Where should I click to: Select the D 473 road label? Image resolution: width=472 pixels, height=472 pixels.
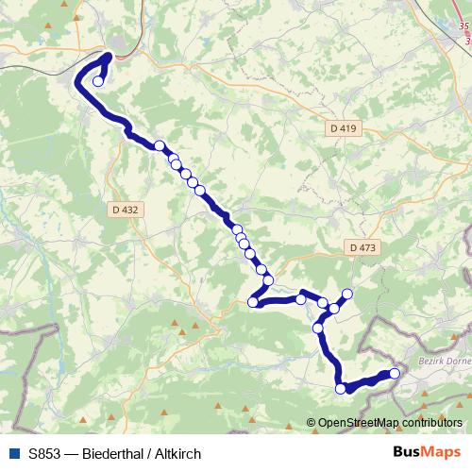(361, 247)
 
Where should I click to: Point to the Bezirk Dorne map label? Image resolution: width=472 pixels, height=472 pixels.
(444, 361)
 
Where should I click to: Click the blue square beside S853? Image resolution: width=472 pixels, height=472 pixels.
(16, 454)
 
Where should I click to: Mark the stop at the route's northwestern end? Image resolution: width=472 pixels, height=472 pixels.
(97, 81)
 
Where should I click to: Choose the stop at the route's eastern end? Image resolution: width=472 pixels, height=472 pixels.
(395, 375)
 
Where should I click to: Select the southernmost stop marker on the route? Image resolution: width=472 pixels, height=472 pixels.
(342, 387)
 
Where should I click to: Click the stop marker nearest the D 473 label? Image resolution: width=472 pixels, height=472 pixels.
(347, 294)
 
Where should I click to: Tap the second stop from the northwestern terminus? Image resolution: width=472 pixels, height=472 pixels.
(160, 146)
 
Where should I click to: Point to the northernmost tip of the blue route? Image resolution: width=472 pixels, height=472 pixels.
(107, 55)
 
